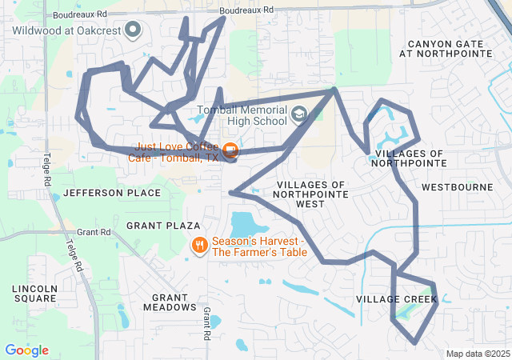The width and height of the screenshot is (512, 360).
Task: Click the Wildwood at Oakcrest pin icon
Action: pos(134,30)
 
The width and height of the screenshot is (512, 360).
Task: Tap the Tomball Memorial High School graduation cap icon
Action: pos(298,114)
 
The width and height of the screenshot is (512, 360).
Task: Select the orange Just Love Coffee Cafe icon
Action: pos(230,150)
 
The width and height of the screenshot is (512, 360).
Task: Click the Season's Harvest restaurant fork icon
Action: pos(200,245)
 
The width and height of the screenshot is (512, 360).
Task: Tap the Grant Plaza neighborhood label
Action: pos(157,226)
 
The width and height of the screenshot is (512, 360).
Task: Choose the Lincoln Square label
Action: pos(34,293)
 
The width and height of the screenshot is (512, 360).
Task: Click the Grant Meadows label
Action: pos(169,302)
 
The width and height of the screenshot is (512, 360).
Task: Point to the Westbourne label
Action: pos(457,187)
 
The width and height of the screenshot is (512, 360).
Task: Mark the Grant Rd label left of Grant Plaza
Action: pos(94,232)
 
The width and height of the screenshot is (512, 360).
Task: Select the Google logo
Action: pos(26,350)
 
